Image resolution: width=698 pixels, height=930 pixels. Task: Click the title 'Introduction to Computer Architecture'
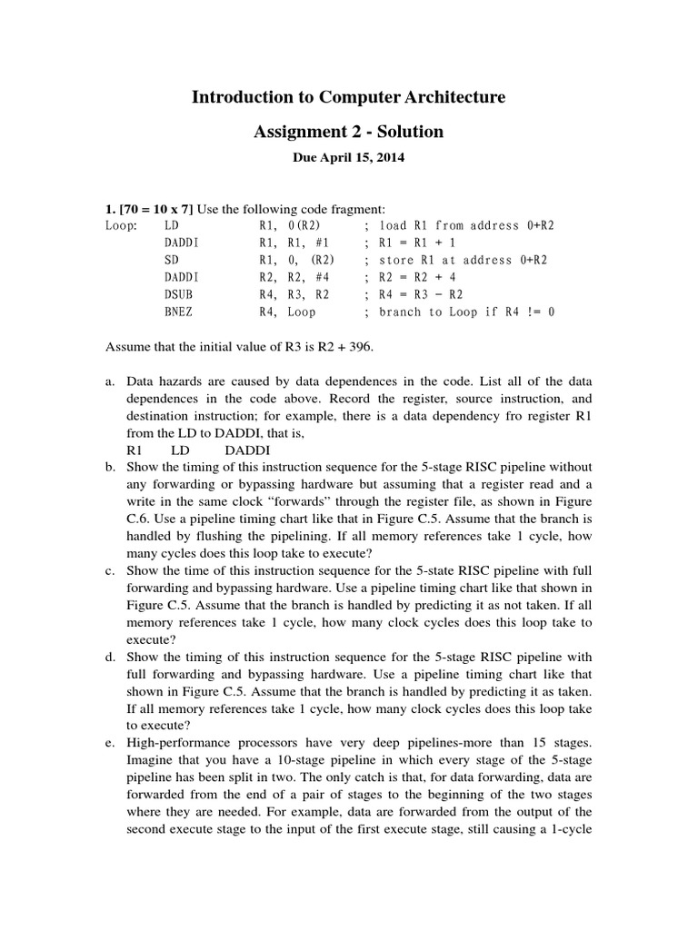coord(348,96)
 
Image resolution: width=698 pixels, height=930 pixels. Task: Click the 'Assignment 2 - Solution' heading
coord(348,132)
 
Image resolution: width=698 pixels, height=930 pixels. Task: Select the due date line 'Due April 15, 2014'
coord(348,157)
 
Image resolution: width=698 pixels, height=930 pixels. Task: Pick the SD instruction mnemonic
coord(172,260)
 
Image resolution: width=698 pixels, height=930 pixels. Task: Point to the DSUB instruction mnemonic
coord(179,294)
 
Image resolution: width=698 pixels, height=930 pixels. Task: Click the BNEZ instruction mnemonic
coord(179,312)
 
